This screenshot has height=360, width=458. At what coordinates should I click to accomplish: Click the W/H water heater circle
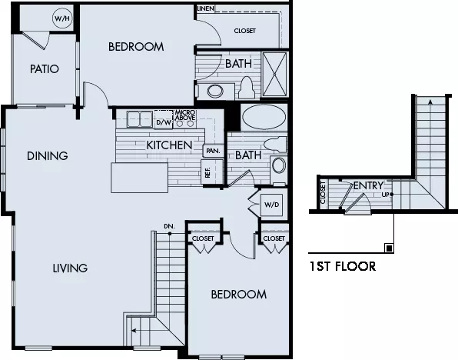pyautogui.click(x=62, y=18)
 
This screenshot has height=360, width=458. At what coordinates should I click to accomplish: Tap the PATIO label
pyautogui.click(x=45, y=69)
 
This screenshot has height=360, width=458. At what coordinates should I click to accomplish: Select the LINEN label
pyautogui.click(x=206, y=8)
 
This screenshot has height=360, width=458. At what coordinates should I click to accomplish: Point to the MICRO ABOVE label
pyautogui.click(x=185, y=115)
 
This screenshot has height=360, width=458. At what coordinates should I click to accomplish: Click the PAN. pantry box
pyautogui.click(x=213, y=151)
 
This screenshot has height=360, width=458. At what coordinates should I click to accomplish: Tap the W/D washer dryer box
pyautogui.click(x=271, y=205)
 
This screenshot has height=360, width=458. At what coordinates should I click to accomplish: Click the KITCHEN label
pyautogui.click(x=169, y=145)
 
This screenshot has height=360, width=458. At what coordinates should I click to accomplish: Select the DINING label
pyautogui.click(x=48, y=156)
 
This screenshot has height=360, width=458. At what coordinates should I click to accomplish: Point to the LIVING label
pyautogui.click(x=70, y=268)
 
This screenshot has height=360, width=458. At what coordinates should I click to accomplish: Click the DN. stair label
pyautogui.click(x=169, y=226)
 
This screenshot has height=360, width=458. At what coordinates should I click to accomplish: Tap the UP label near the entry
pyautogui.click(x=386, y=195)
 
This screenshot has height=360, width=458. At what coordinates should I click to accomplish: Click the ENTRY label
pyautogui.click(x=368, y=185)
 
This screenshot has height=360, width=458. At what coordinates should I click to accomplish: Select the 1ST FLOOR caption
pyautogui.click(x=342, y=266)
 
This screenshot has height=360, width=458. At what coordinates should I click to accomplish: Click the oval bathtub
pyautogui.click(x=264, y=117)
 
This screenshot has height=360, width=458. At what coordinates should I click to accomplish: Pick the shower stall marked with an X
pyautogui.click(x=274, y=75)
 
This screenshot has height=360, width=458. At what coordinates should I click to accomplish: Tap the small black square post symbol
pyautogui.click(x=389, y=248)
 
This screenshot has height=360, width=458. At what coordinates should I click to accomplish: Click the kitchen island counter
pyautogui.click(x=140, y=178)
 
